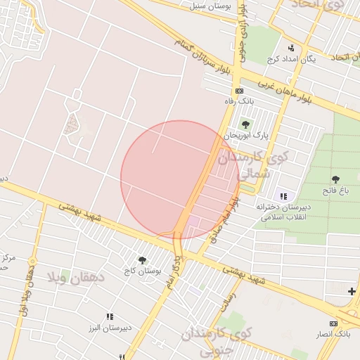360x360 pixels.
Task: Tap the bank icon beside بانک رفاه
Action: [x=239, y=91]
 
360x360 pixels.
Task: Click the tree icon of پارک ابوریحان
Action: [x=245, y=124]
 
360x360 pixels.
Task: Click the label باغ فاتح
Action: [x=335, y=191]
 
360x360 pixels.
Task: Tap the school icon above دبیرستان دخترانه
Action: [x=283, y=196]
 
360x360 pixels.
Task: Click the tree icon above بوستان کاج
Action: [x=143, y=260]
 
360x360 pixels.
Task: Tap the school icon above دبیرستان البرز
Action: [x=109, y=317]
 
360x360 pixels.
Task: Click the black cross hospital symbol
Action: [x=352, y=290]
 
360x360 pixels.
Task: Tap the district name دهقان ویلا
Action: [x=76, y=278]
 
